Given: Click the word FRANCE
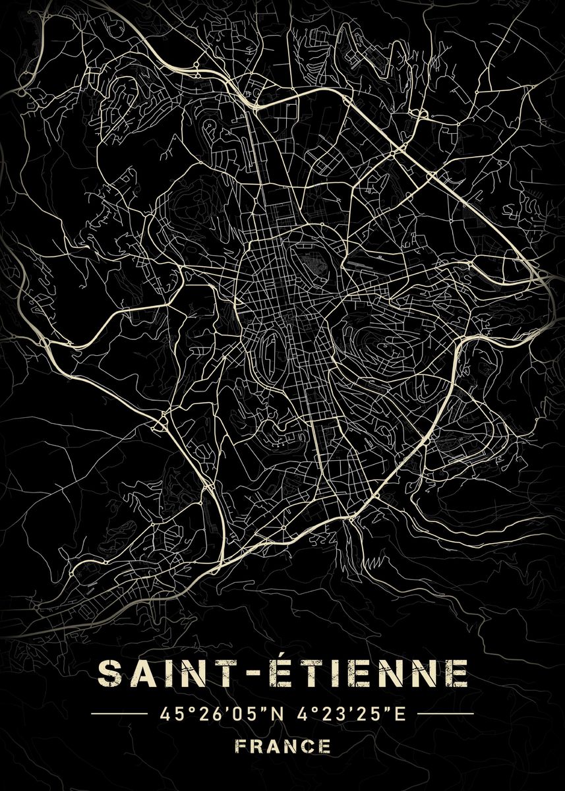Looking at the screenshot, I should [282, 746].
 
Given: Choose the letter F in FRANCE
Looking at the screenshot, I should [239, 746].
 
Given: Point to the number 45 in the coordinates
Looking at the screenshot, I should [166, 714].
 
